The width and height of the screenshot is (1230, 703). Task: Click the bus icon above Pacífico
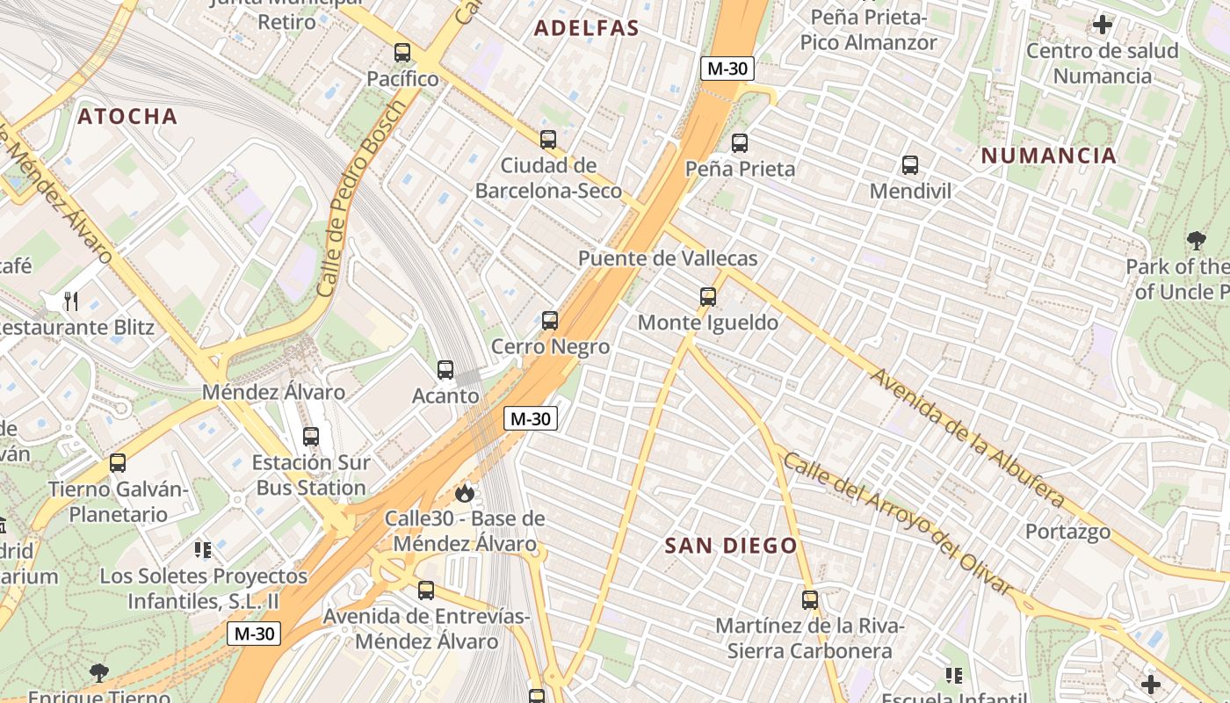(x=402, y=53)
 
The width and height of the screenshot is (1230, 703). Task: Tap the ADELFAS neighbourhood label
(x=587, y=28)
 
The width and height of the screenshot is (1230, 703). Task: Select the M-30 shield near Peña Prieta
(x=727, y=69)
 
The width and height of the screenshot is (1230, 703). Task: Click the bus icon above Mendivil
(x=910, y=164)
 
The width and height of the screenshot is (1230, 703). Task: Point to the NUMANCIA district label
(x=1048, y=156)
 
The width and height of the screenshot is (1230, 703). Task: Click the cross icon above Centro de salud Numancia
(x=1103, y=25)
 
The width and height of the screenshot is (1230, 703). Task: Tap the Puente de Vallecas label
(x=668, y=258)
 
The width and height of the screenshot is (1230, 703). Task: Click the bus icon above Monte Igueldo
(x=708, y=297)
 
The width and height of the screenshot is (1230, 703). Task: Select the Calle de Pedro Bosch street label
(x=362, y=198)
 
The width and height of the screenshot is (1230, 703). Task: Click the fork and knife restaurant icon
(x=71, y=301)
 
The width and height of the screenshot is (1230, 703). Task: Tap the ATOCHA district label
(x=127, y=116)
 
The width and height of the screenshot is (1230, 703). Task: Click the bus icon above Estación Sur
(x=310, y=437)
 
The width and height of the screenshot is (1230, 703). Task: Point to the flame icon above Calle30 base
(x=465, y=494)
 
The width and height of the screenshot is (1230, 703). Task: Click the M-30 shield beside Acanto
(x=531, y=418)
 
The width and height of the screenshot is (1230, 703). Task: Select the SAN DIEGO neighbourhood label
(x=731, y=546)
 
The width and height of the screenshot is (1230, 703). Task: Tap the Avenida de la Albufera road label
(x=966, y=438)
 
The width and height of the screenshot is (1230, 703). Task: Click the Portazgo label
(x=1067, y=532)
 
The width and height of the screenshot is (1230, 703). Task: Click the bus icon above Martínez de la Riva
(x=810, y=600)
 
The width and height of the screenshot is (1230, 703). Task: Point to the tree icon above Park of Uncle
(x=1196, y=241)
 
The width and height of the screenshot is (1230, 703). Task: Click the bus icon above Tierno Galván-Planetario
(x=118, y=463)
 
